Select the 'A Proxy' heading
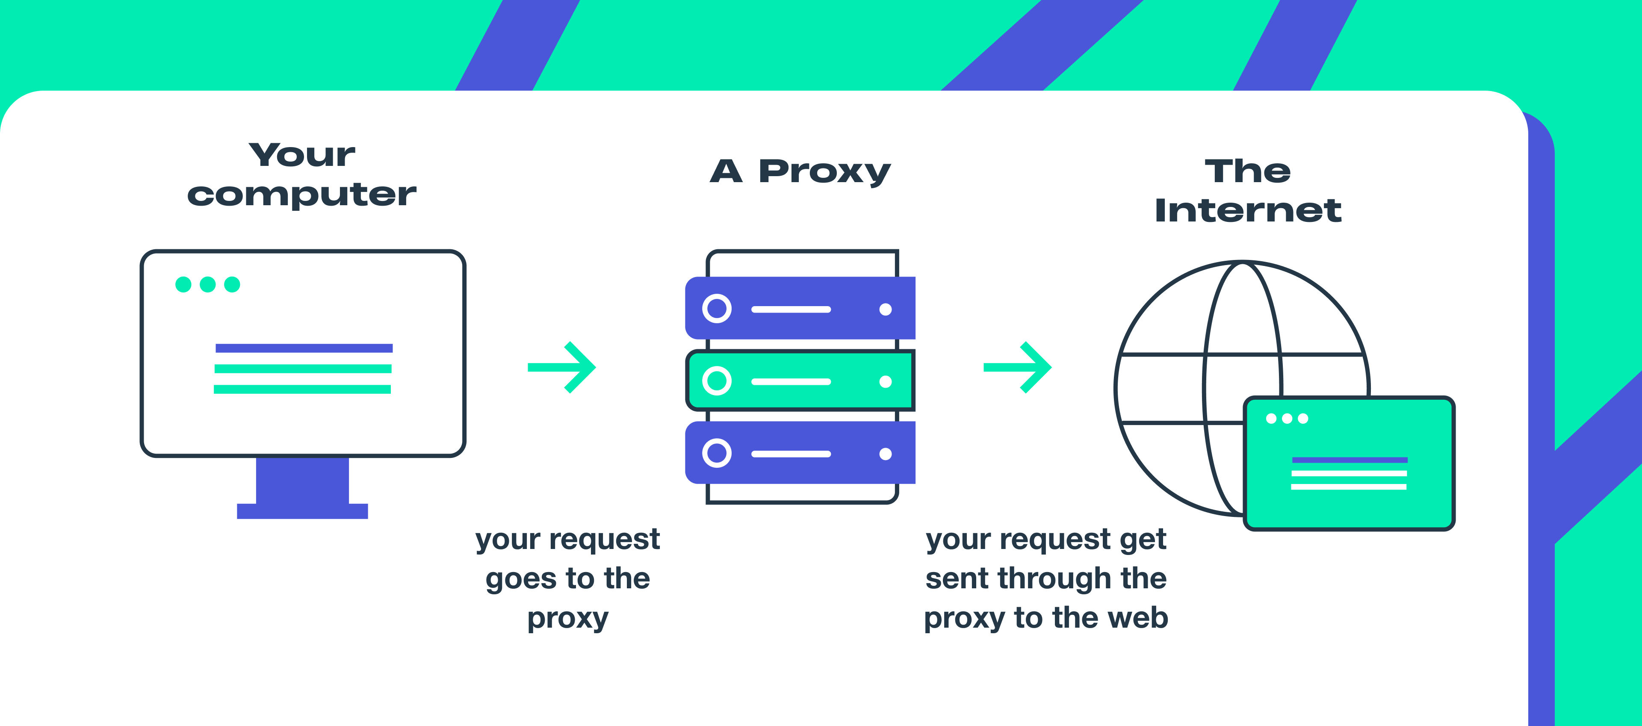tap(800, 171)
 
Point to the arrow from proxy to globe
tap(1018, 367)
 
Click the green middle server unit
tap(800, 381)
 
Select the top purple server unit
tap(800, 309)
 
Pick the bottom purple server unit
tap(800, 453)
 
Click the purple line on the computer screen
tap(304, 348)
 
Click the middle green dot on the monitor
tap(208, 284)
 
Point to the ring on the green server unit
tap(717, 381)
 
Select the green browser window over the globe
tap(1349, 463)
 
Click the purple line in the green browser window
tap(1350, 460)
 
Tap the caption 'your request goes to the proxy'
tap(567, 578)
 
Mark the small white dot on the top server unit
tap(886, 310)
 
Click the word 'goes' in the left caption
tap(521, 579)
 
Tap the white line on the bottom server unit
tap(791, 454)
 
